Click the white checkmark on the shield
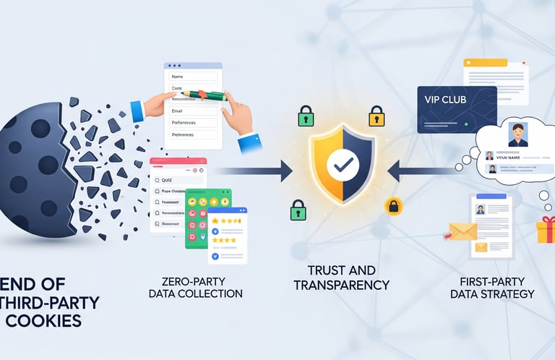[342, 166]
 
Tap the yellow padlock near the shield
[376, 116]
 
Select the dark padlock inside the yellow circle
[393, 206]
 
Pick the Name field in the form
[193, 76]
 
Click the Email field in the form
[193, 111]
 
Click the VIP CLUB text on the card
[442, 100]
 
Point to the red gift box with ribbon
[546, 231]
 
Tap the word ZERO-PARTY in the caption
[195, 280]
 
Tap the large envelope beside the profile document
[462, 231]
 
